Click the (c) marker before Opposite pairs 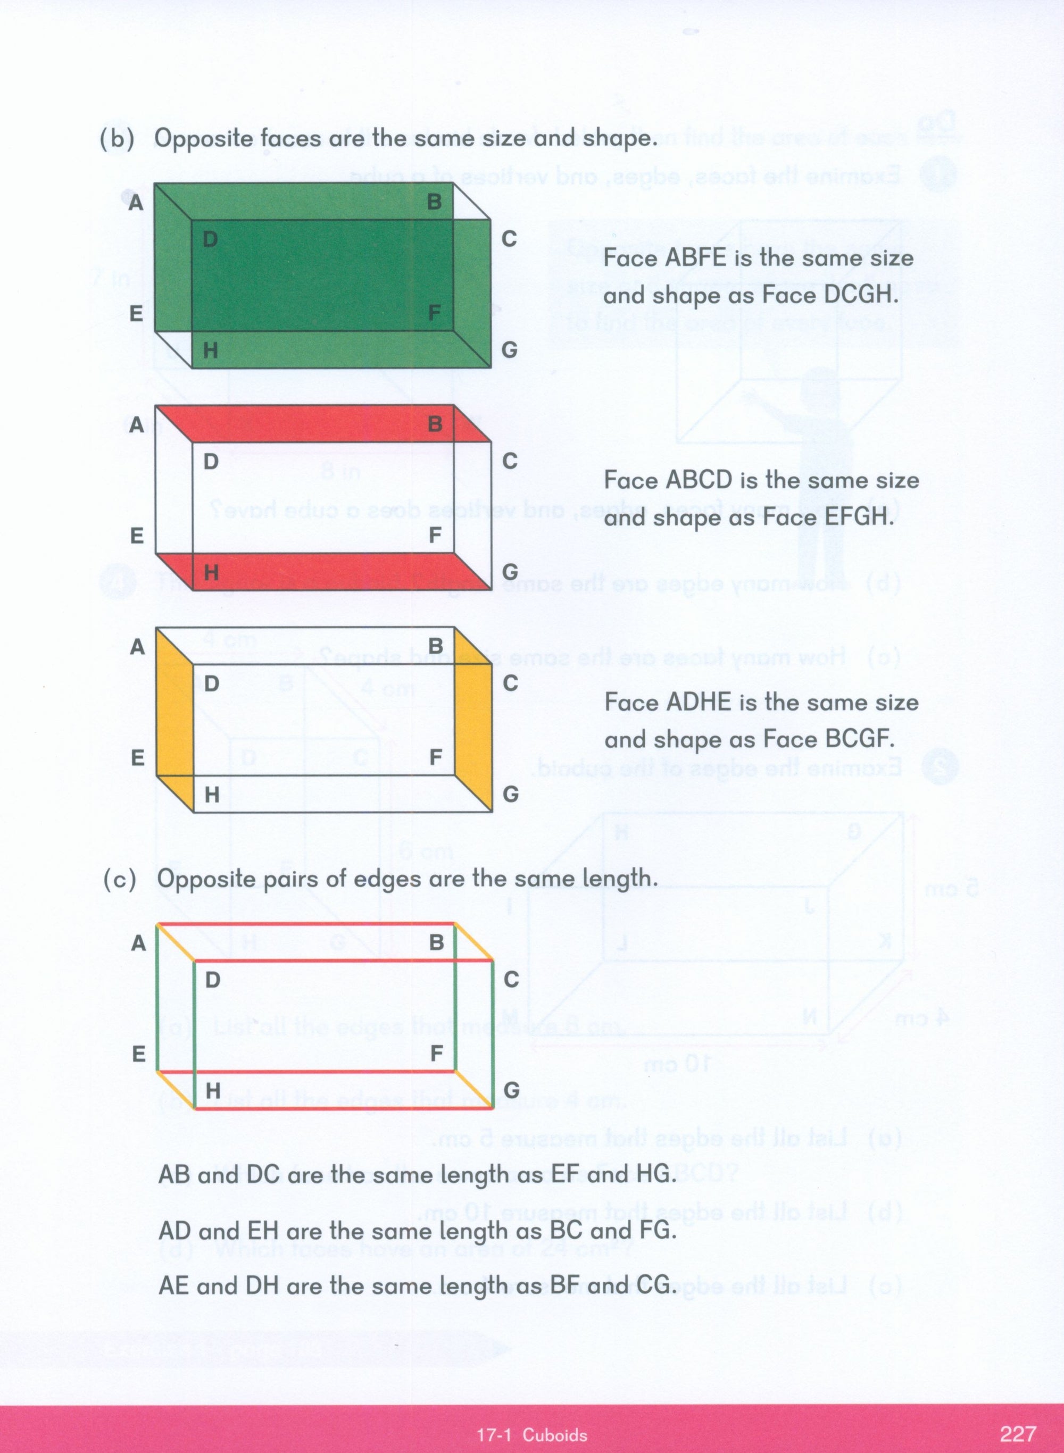(x=120, y=879)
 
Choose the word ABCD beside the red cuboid (x=700, y=480)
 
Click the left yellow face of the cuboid (x=174, y=720)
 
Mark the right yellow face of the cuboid (x=473, y=720)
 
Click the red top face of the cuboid (x=322, y=423)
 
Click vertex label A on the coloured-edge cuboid (x=138, y=944)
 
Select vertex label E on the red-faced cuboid (x=137, y=536)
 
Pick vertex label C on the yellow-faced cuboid (x=510, y=683)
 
